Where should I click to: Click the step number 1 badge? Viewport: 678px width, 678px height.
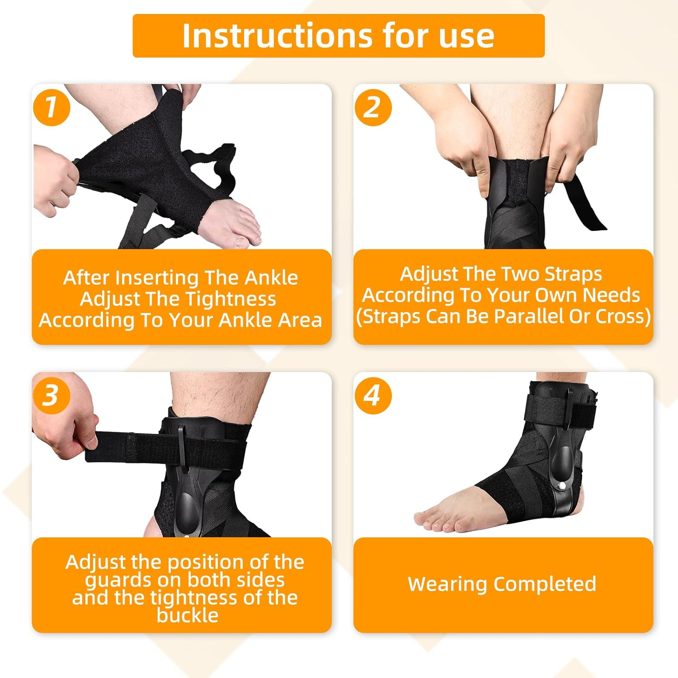52,108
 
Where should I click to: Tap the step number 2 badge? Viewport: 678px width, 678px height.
373,108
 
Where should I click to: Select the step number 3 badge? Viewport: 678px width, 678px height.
52,395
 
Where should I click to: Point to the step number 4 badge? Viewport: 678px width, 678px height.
373,395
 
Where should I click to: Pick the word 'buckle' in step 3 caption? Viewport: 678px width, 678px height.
188,616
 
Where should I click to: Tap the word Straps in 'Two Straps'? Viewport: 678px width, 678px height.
573,274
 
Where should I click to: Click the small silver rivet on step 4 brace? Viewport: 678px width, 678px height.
561,485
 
